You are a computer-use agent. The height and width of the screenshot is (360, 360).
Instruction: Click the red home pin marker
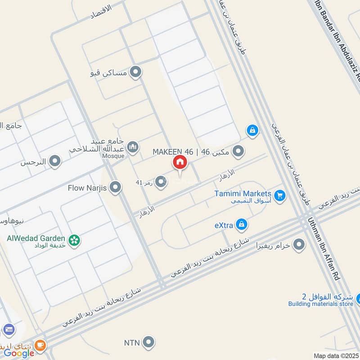coord(180,162)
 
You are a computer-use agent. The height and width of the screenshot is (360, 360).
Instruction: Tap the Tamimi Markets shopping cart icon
coord(280,196)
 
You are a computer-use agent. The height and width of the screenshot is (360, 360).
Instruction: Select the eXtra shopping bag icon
coord(242,224)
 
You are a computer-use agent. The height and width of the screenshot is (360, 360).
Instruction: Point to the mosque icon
coord(132,147)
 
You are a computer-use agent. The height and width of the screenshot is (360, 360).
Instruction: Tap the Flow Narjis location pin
coord(116,187)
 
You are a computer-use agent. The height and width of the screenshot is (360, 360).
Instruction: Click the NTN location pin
coord(148,343)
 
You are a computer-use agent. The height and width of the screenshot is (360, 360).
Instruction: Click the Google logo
coord(19,353)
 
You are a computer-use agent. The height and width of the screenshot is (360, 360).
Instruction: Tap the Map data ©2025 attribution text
coord(336,355)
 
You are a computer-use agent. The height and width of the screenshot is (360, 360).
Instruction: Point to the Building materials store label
coord(321,304)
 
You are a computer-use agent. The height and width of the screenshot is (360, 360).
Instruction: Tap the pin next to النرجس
coord(55,161)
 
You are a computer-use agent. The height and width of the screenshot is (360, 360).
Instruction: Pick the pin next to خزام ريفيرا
coord(299,245)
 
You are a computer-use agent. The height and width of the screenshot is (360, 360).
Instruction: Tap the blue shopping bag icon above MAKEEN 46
coord(252,130)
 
